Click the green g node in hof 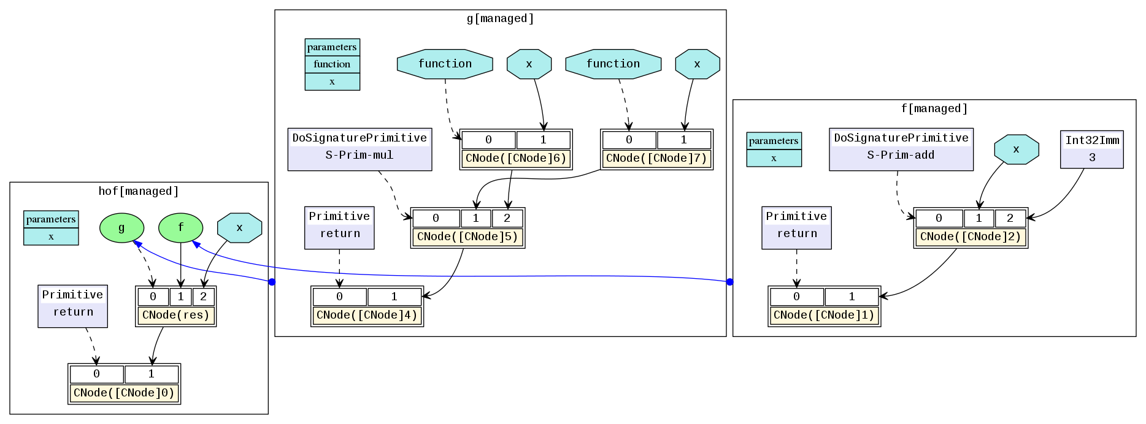121,228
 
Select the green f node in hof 180,228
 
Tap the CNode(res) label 176,315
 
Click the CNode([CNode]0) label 124,393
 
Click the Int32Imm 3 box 1092,149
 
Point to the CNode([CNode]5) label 467,237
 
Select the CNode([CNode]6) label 516,158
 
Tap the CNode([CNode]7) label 656,158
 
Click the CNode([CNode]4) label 367,315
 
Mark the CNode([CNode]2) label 971,237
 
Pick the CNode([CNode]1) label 824,315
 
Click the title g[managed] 500,18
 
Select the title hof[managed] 139,191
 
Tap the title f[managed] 934,108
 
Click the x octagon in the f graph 1016,150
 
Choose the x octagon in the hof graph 239,228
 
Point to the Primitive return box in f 796,227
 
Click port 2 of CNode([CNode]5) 507,218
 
